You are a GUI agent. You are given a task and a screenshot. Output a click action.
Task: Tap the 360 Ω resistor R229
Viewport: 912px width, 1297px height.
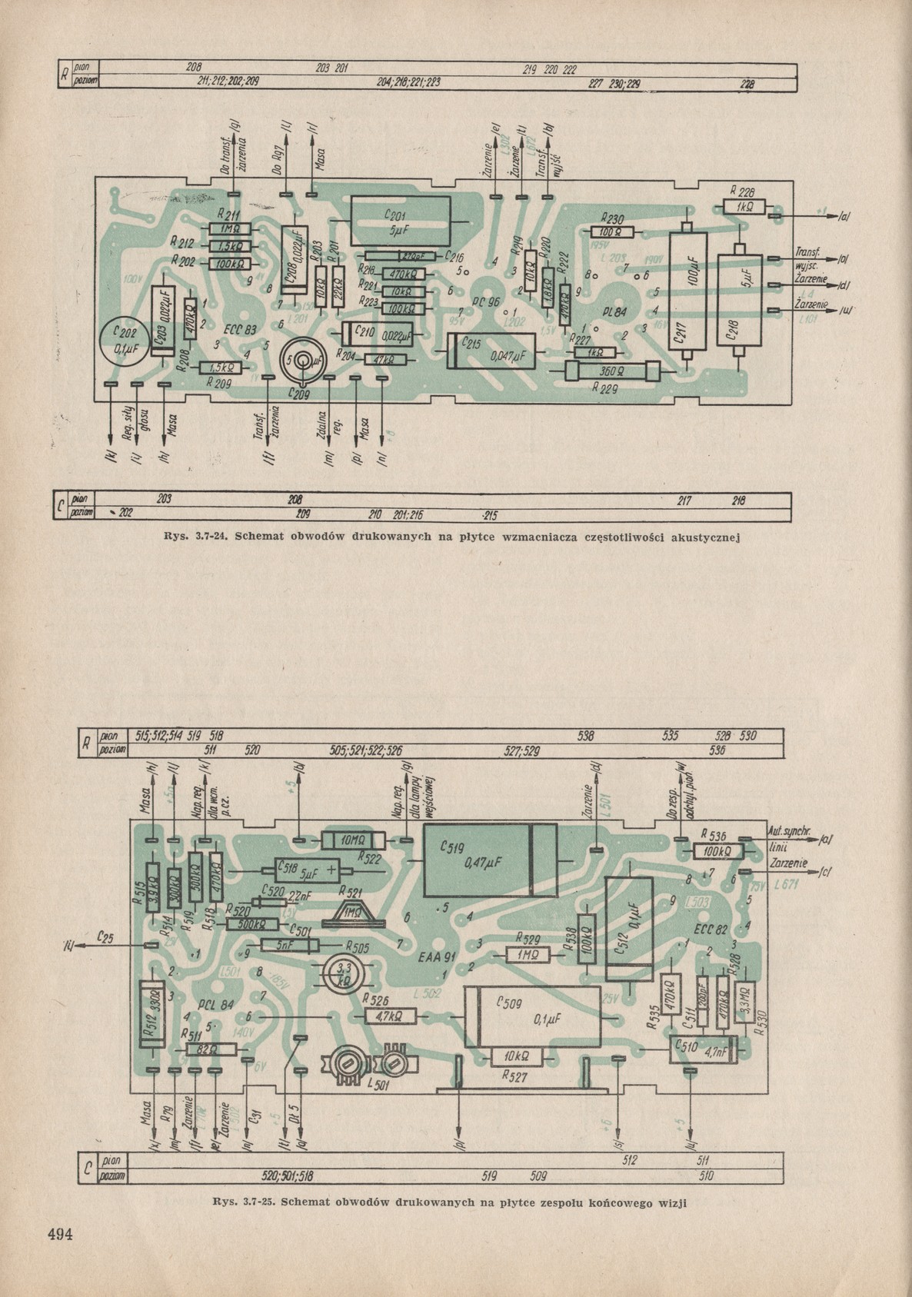pyautogui.click(x=613, y=371)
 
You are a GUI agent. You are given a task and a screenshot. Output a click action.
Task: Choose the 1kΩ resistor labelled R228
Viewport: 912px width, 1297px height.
pyautogui.click(x=744, y=206)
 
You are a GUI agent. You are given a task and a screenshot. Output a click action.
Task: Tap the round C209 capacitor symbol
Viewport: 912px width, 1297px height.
pyautogui.click(x=302, y=361)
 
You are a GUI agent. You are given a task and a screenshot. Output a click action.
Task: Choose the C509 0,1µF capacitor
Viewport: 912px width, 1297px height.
pyautogui.click(x=534, y=1017)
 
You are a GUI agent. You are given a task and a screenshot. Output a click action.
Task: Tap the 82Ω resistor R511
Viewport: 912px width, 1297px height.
pyautogui.click(x=203, y=1049)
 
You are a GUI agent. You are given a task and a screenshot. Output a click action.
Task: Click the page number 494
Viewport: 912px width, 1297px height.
pyautogui.click(x=59, y=1235)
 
